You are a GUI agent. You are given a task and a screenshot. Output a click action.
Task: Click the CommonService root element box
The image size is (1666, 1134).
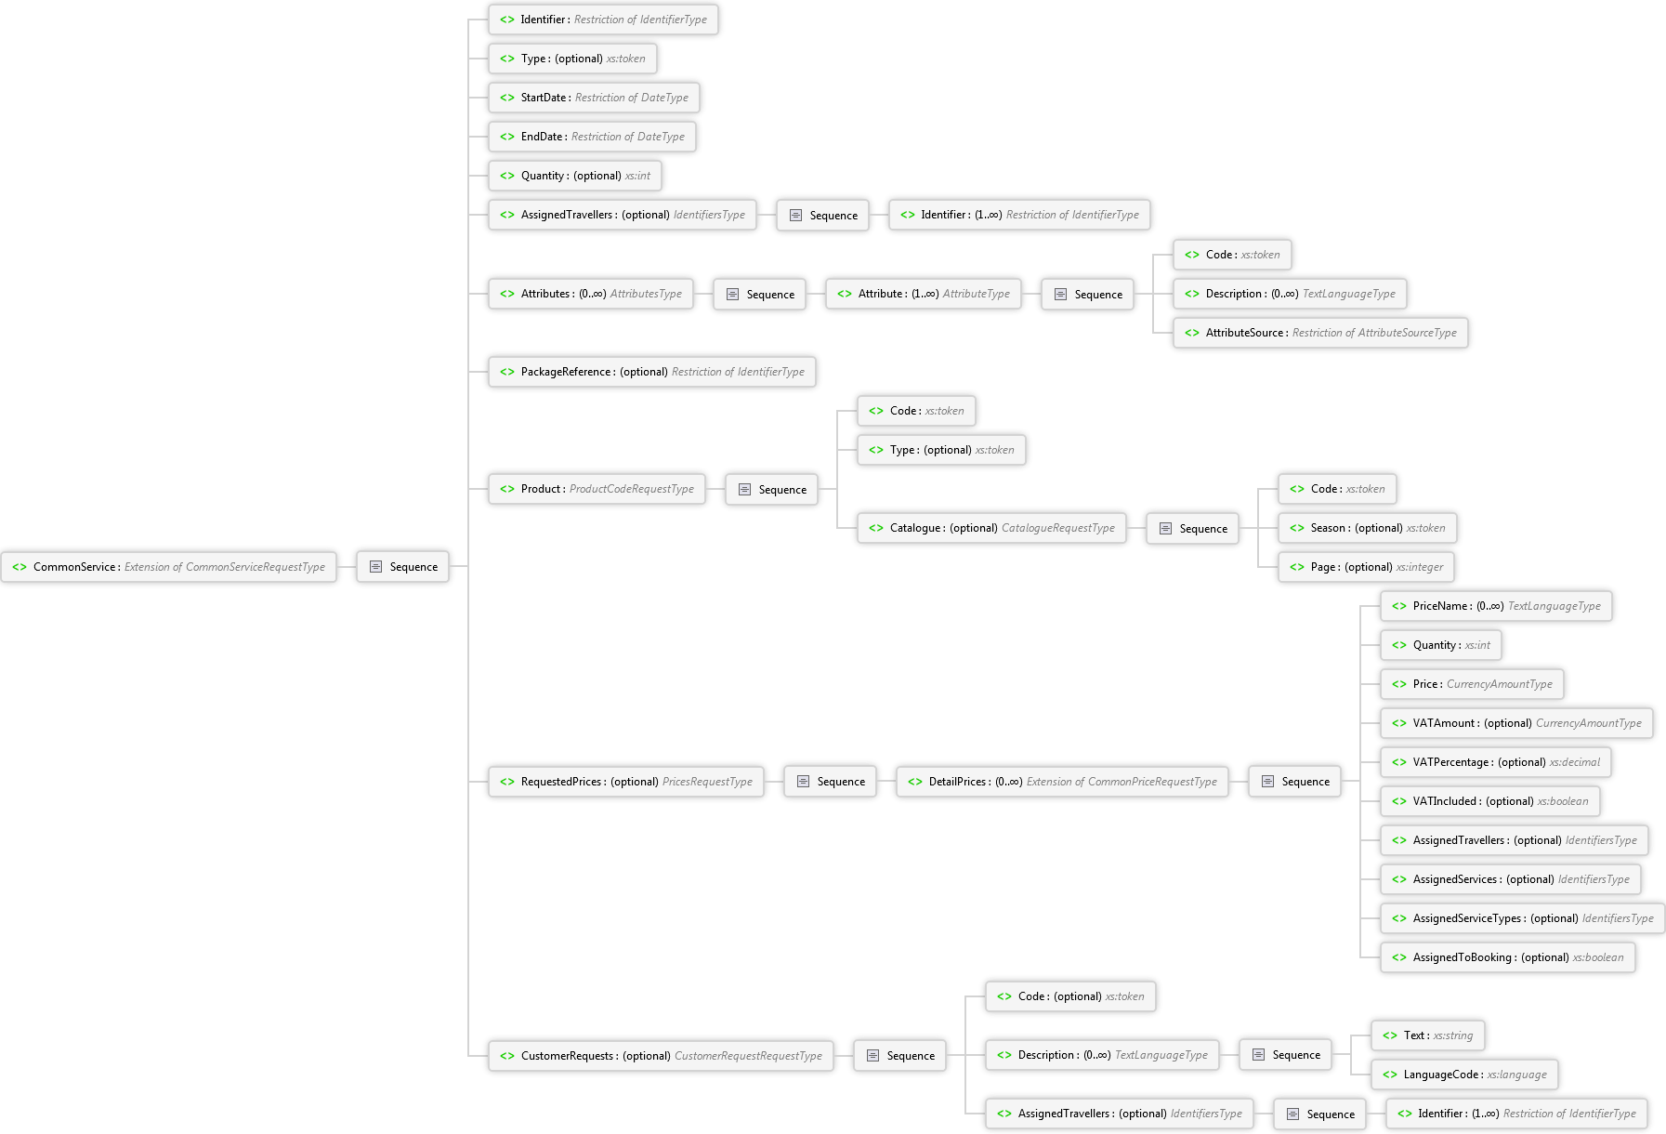click(x=168, y=567)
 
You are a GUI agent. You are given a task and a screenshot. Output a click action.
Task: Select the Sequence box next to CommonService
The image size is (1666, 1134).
click(x=403, y=567)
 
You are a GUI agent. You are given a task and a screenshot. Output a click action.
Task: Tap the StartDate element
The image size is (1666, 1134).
click(x=595, y=98)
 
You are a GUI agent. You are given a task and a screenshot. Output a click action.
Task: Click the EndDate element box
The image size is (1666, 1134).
click(x=593, y=137)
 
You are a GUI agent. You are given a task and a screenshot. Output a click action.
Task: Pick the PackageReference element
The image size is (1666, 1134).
click(x=652, y=372)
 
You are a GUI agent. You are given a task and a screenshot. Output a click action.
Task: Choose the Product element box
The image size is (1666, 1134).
click(x=597, y=489)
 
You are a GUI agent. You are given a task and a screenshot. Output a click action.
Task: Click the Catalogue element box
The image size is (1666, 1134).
click(x=992, y=528)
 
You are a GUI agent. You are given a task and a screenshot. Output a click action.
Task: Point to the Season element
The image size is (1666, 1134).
click(x=1368, y=528)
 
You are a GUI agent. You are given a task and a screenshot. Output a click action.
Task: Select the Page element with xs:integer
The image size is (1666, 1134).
click(x=1367, y=567)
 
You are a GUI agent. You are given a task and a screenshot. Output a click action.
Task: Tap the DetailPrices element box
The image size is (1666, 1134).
click(x=1063, y=782)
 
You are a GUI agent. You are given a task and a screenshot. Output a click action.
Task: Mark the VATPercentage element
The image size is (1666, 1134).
click(x=1496, y=762)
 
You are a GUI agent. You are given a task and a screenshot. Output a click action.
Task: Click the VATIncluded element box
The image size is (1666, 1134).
click(x=1490, y=801)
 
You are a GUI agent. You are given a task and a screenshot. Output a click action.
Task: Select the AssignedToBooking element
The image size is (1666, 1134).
click(x=1508, y=957)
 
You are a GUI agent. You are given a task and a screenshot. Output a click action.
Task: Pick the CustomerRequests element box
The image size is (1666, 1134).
click(x=662, y=1056)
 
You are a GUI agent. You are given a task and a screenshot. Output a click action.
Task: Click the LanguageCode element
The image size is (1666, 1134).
click(x=1465, y=1075)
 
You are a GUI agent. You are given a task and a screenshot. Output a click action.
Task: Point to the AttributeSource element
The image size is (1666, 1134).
click(x=1321, y=333)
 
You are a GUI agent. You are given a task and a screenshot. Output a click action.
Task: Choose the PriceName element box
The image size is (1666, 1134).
click(x=1497, y=606)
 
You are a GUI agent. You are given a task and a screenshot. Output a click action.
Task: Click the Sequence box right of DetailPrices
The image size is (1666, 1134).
click(x=1295, y=782)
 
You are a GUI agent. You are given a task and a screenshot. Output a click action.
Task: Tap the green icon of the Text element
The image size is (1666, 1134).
click(x=1390, y=1035)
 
